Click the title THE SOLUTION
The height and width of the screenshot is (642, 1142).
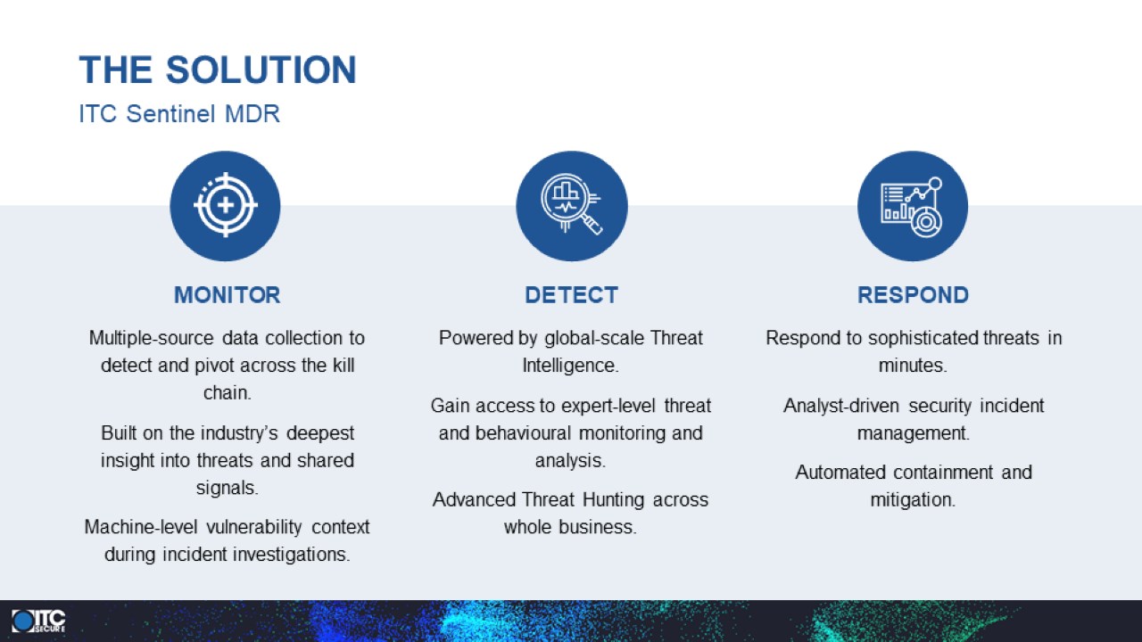[x=218, y=70]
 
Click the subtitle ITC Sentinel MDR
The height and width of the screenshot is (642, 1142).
[x=179, y=113]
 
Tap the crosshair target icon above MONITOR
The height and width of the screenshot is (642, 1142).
[x=226, y=205]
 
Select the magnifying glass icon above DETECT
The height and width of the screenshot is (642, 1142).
[x=571, y=204]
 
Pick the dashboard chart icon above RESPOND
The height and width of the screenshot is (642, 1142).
[x=912, y=207]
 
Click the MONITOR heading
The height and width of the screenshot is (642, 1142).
[x=227, y=295]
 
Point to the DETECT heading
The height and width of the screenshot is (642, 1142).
[x=572, y=295]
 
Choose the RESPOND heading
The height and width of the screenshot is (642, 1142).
[x=913, y=295]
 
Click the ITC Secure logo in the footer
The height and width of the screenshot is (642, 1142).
[x=38, y=621]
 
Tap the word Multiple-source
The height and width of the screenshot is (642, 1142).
[x=152, y=338]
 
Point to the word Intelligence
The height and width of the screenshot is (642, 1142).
[x=569, y=366]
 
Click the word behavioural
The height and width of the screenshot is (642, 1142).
[x=523, y=433]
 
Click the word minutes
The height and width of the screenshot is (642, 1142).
[x=911, y=366]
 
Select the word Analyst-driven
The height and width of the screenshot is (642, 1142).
[x=841, y=406]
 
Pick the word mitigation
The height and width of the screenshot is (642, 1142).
[x=911, y=500]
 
